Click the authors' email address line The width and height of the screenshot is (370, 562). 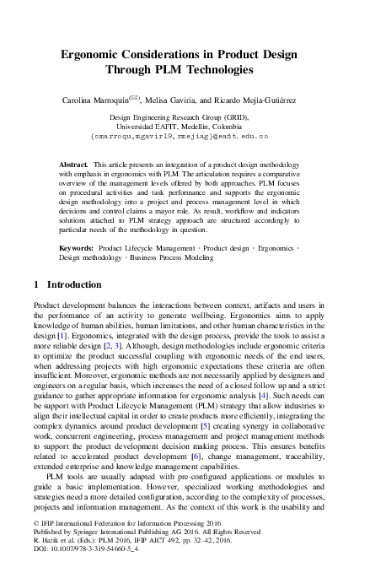point(185,135)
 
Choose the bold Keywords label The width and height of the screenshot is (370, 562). point(77,250)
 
